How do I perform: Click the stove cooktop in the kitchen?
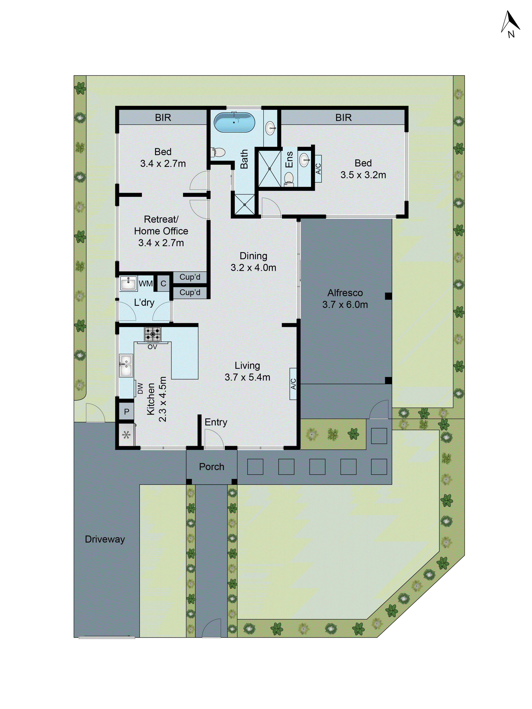point(153,334)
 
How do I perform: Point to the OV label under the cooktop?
point(152,347)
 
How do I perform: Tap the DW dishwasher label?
point(140,388)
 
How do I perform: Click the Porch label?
point(211,467)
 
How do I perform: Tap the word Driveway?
point(105,539)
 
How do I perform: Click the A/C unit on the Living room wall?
point(293,384)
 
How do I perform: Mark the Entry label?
point(216,422)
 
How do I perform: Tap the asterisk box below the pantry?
point(126,435)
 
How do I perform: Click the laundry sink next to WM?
point(128,283)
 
